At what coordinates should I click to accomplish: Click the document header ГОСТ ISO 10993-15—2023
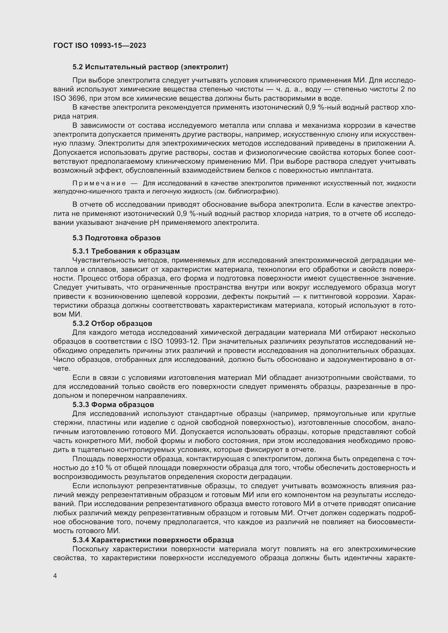[100, 46]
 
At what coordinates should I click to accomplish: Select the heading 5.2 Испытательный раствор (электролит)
[150, 67]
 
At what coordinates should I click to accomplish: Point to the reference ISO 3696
[69, 99]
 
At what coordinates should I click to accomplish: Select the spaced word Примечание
[99, 183]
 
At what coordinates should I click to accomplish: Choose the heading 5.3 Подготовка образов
[116, 238]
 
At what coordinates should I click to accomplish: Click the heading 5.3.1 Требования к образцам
[126, 251]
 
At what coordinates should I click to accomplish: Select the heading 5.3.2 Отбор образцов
[112, 323]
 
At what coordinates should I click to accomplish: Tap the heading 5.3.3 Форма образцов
[113, 405]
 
